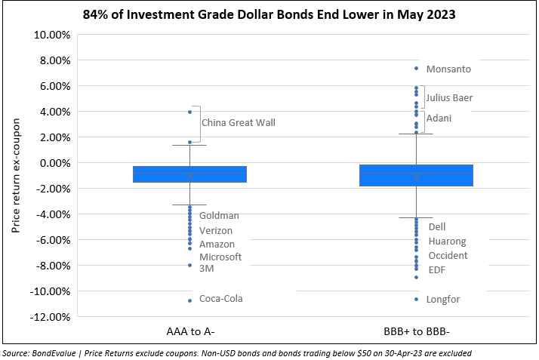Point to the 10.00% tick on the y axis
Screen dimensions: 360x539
[50, 35]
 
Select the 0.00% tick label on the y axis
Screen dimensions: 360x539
[52, 163]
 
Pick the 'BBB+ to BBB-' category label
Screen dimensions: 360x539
[416, 333]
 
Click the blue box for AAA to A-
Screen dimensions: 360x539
[189, 174]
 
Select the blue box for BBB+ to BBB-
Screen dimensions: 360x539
[416, 175]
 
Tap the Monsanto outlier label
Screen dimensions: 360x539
[448, 69]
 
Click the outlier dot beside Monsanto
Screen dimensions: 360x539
[416, 68]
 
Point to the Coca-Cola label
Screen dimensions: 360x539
[221, 299]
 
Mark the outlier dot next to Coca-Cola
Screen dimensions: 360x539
[189, 300]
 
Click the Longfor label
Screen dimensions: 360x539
[443, 300]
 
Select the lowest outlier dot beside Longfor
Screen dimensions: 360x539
[416, 299]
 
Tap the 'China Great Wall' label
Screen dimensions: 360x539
[239, 122]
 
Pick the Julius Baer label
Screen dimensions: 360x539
[450, 97]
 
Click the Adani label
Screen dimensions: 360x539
[440, 118]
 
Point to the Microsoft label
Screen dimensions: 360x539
[220, 257]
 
